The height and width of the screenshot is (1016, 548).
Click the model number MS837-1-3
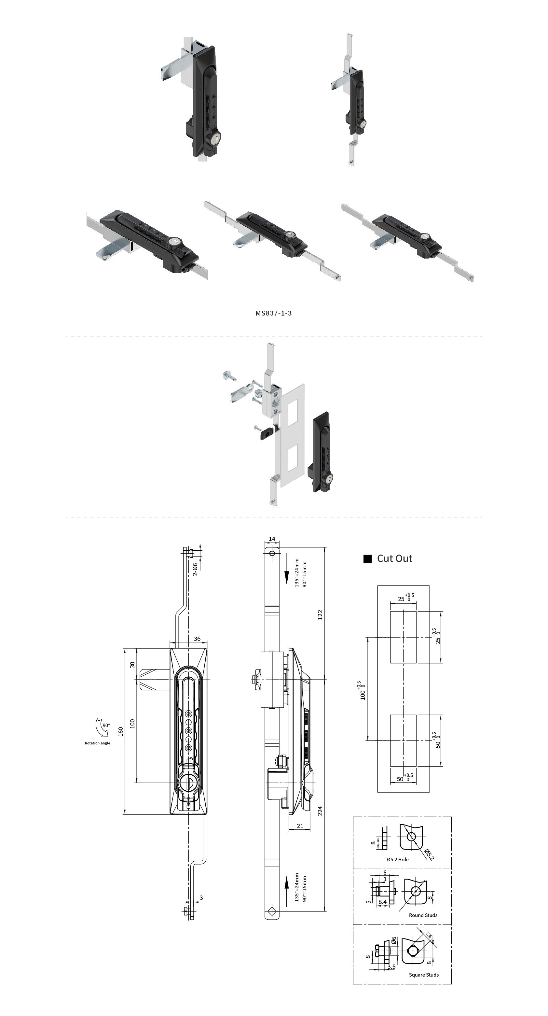[x=273, y=313]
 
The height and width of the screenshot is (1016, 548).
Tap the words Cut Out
[x=395, y=558]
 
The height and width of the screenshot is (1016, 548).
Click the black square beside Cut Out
[x=367, y=559]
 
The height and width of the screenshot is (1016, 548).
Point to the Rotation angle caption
[x=97, y=743]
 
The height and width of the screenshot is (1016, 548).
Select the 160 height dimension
[x=121, y=731]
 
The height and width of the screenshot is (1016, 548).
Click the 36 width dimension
[x=197, y=639]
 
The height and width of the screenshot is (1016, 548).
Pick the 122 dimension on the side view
[x=320, y=614]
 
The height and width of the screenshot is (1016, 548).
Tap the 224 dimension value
[x=320, y=811]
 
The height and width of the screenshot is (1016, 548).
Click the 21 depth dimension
[x=300, y=826]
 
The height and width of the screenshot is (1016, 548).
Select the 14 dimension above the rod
[x=272, y=539]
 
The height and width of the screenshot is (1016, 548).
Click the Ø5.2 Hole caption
[x=397, y=859]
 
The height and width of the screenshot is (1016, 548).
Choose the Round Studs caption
[x=423, y=915]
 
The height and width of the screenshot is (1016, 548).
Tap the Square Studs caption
[x=424, y=975]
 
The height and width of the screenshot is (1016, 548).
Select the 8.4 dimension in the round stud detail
[x=382, y=902]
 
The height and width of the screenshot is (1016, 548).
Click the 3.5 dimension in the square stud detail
[x=391, y=967]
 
